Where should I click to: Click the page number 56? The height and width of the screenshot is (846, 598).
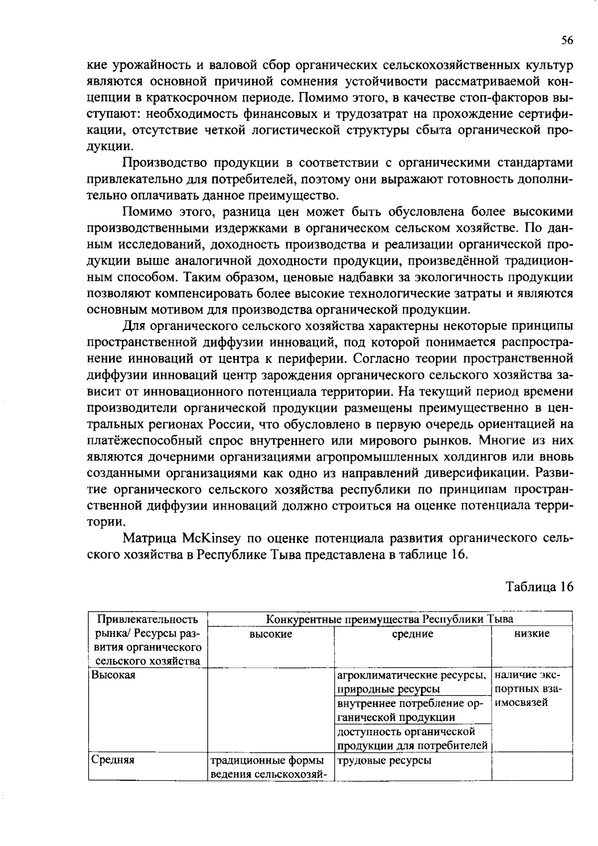(567, 41)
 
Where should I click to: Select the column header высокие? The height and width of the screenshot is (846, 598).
(271, 634)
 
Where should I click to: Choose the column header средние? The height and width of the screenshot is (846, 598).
(412, 634)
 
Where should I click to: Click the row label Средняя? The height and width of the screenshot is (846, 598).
(113, 760)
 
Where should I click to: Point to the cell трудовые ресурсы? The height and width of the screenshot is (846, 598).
(384, 760)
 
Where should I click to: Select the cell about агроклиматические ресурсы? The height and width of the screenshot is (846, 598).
(412, 682)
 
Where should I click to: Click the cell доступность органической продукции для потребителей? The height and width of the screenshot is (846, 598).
(412, 738)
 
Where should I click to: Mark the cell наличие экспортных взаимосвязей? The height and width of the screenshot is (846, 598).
(529, 689)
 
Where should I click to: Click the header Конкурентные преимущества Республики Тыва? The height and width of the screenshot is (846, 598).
(389, 619)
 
